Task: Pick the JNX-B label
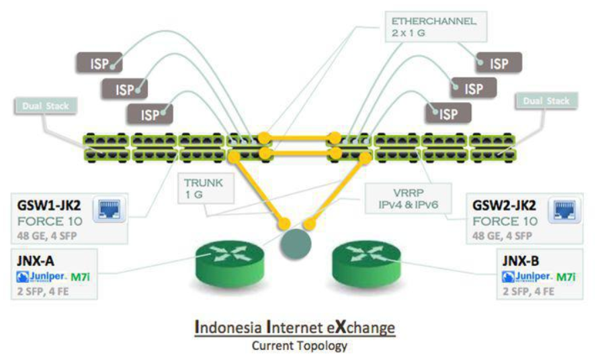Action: pos(521,261)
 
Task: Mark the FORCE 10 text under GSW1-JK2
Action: pos(45,221)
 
